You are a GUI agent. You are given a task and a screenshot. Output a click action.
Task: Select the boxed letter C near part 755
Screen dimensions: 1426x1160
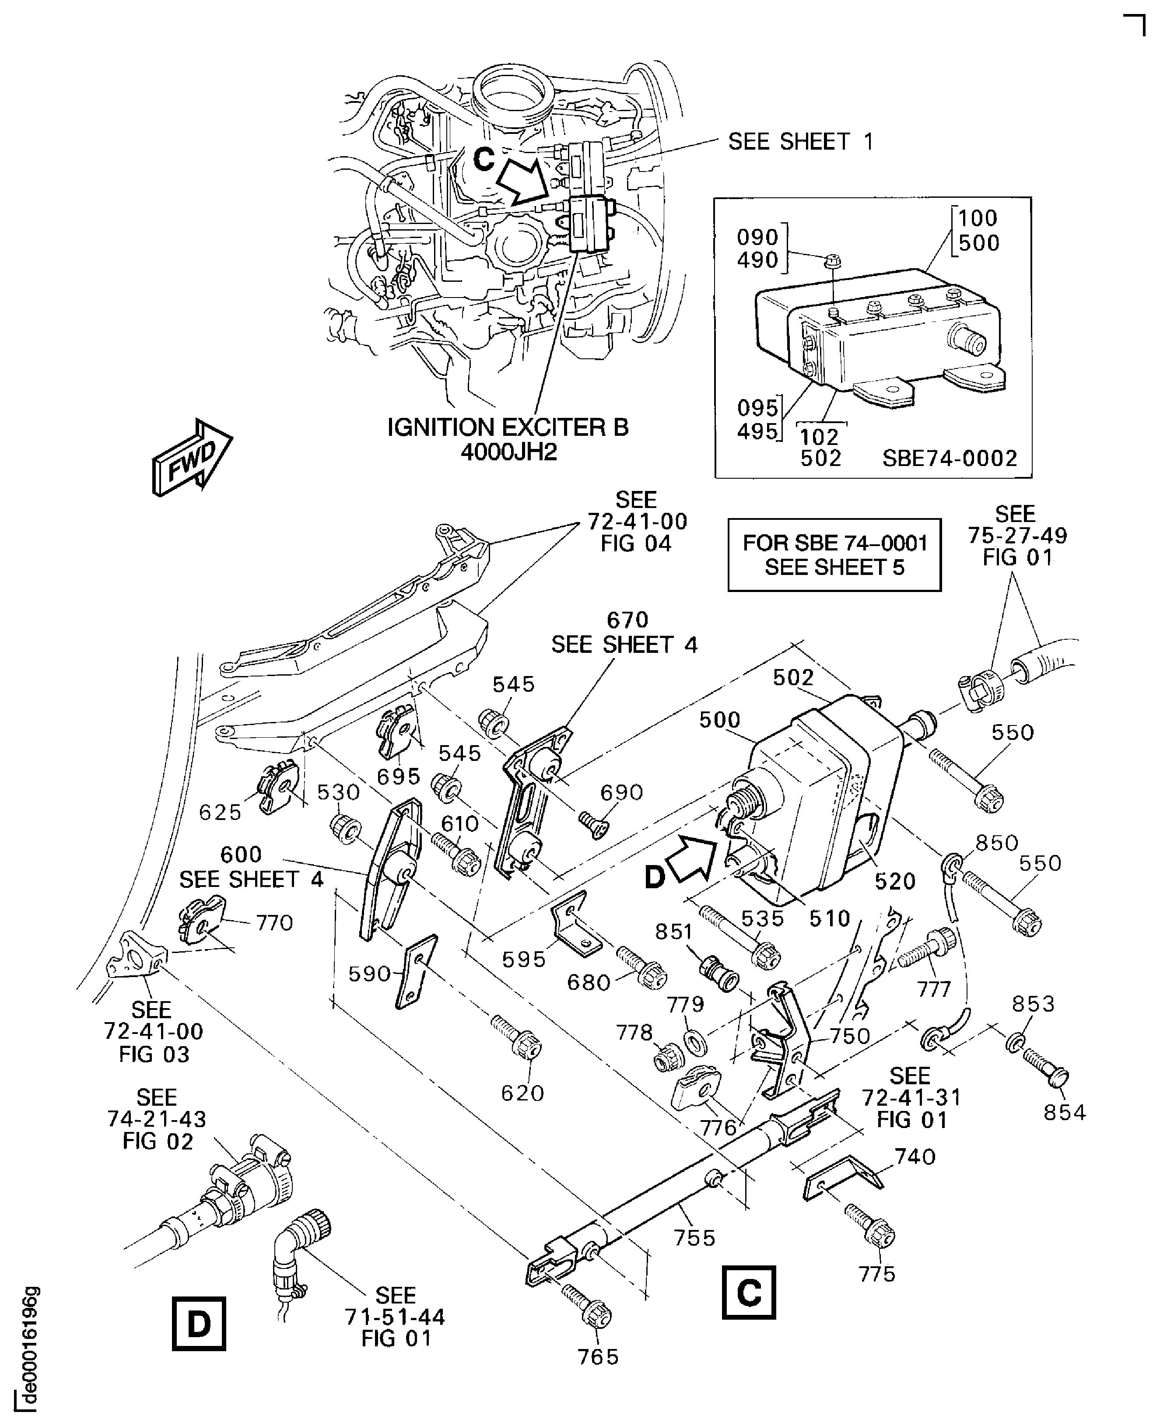tap(748, 1292)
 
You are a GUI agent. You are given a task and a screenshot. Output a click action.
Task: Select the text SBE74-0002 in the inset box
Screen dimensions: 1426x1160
tap(950, 459)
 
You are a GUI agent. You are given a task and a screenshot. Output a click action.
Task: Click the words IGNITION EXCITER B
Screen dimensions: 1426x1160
tap(508, 427)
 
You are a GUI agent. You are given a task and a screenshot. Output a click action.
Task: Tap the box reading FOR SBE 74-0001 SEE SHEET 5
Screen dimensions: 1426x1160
tap(834, 555)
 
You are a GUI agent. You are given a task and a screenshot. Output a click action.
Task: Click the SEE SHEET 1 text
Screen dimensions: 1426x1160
tap(800, 142)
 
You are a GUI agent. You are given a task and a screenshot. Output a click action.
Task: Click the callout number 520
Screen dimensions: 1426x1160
tap(895, 881)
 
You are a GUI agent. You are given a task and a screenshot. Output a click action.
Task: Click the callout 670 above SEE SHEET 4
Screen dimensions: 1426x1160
tap(627, 620)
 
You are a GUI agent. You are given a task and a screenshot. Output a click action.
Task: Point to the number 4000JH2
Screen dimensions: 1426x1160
tap(508, 453)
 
